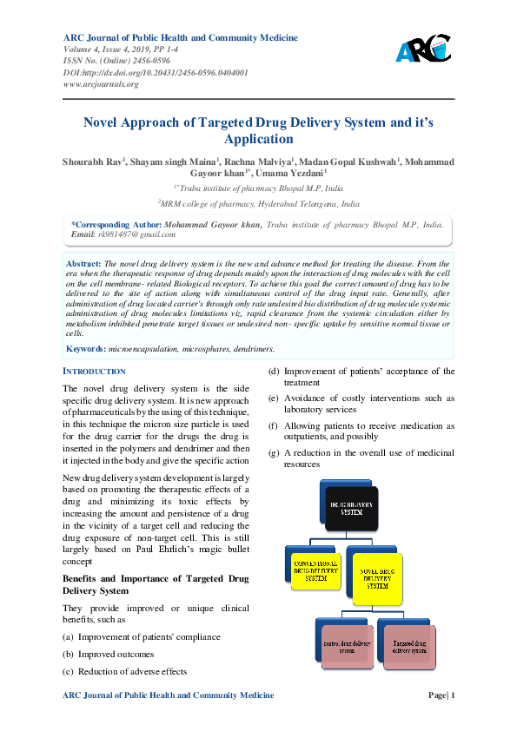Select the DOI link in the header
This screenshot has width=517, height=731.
pos(156,73)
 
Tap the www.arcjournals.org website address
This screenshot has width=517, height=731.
pos(101,84)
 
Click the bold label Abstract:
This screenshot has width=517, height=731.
pos(84,262)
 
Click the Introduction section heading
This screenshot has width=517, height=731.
pos(95,371)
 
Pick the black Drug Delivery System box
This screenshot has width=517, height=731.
pos(352,507)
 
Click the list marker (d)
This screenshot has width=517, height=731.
pos(274,372)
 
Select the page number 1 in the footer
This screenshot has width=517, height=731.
pos(453,695)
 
